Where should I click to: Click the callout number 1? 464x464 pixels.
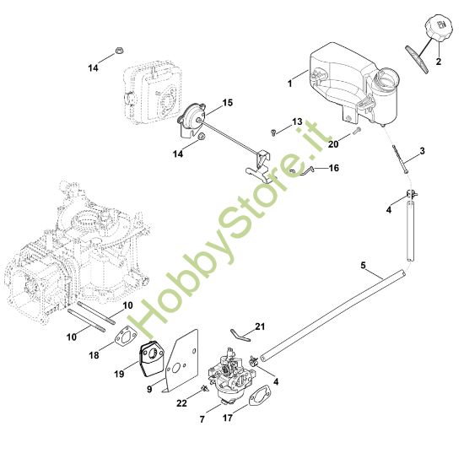[289, 84]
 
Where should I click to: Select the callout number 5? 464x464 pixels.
[364, 266]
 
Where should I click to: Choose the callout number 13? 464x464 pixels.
[296, 123]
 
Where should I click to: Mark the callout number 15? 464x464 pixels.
[227, 103]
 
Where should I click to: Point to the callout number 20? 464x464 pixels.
[332, 143]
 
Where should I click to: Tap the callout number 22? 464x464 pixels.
[181, 404]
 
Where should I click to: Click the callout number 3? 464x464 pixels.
[422, 150]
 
